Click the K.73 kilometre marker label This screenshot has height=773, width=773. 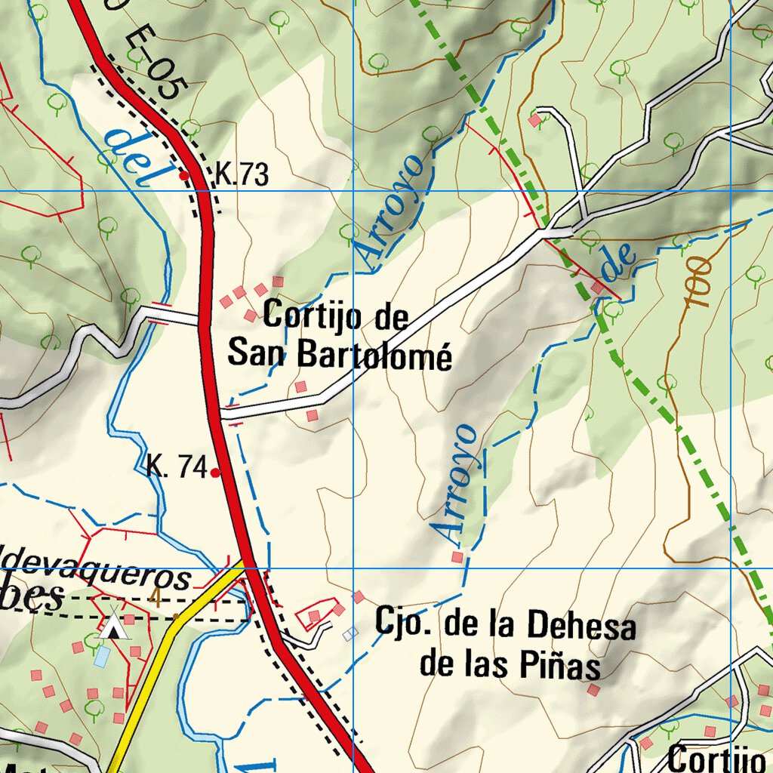click(x=242, y=175)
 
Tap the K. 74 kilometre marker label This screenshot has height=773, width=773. click(x=177, y=468)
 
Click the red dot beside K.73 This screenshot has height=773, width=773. click(x=183, y=175)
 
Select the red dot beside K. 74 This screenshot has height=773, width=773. click(x=215, y=473)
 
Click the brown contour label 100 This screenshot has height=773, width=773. click(x=698, y=282)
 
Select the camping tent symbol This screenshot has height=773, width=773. click(x=113, y=626)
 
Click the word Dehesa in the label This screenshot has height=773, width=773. click(x=581, y=627)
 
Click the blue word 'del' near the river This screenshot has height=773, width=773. click(x=134, y=157)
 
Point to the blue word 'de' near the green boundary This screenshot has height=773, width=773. click(x=617, y=263)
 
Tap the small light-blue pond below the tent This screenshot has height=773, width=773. click(x=101, y=655)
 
